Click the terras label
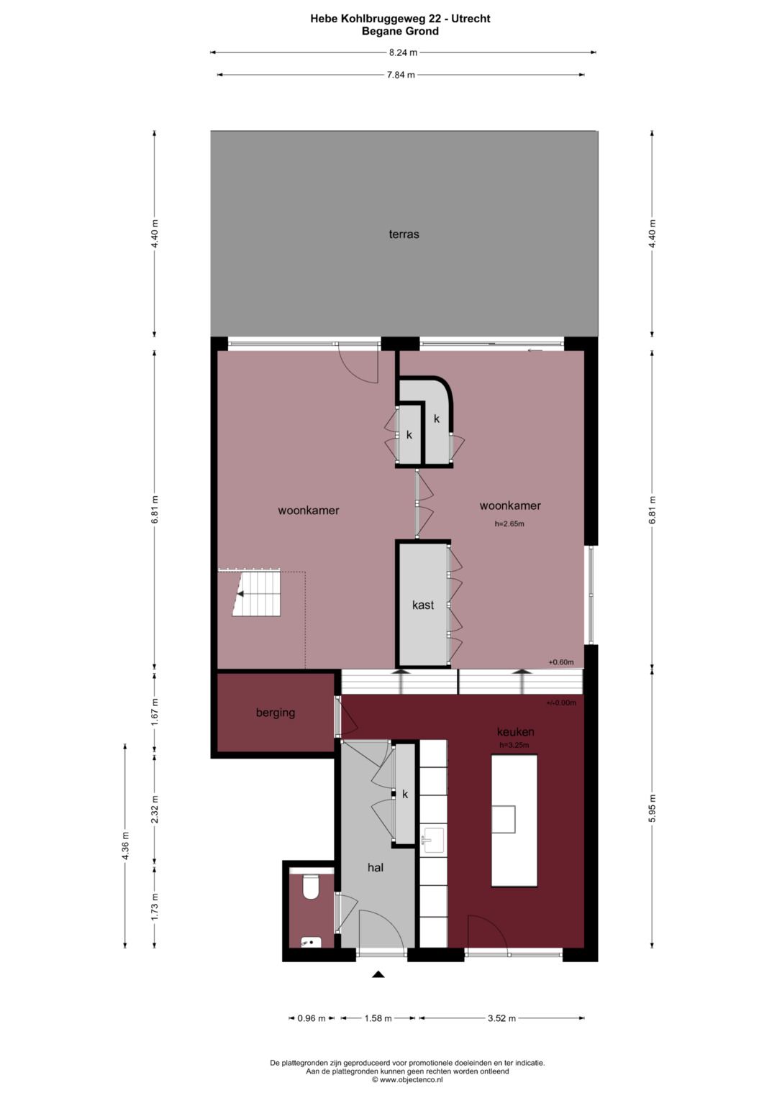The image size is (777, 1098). (x=404, y=234)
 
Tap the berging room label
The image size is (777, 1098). (x=276, y=713)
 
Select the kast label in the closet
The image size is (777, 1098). (x=423, y=605)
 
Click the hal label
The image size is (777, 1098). (x=376, y=867)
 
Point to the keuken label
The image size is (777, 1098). (x=515, y=731)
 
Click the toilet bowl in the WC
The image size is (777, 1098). (x=311, y=887)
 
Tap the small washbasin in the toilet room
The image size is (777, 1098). (x=311, y=941)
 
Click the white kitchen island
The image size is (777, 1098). (x=514, y=820)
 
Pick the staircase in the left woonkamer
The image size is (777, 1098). (x=257, y=594)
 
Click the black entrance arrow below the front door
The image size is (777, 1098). (x=378, y=974)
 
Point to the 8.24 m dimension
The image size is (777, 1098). (x=403, y=52)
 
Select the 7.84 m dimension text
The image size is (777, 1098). (x=401, y=75)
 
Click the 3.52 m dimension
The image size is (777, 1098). (x=501, y=1018)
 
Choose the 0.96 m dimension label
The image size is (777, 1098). (x=312, y=1018)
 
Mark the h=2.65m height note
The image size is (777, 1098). (x=509, y=523)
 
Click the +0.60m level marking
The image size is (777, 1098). (x=561, y=662)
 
